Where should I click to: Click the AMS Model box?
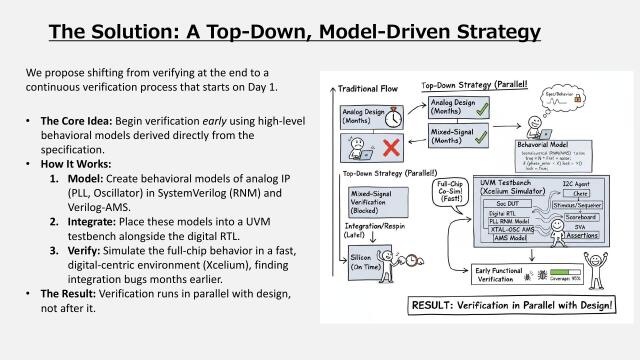tap(509, 265)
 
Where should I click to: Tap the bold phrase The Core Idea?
tap(73, 120)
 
